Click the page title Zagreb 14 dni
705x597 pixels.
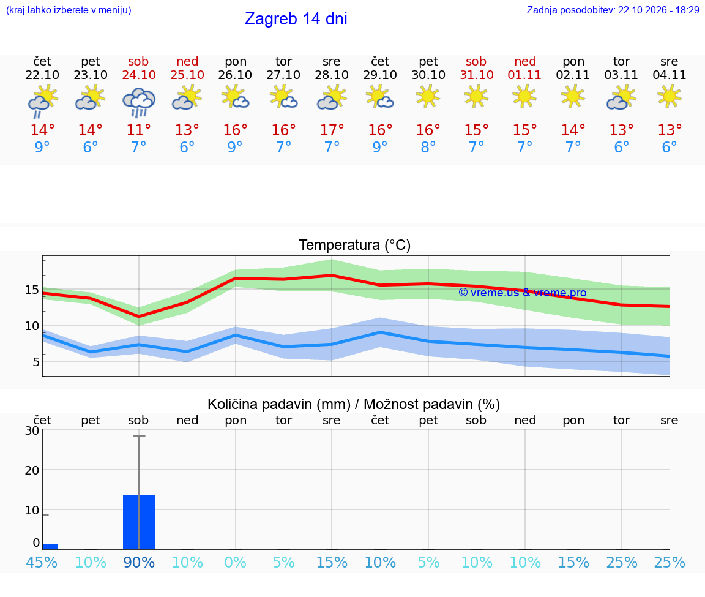tap(296, 19)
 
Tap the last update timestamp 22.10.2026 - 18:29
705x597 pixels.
tap(658, 10)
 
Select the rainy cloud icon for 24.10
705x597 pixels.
tap(139, 102)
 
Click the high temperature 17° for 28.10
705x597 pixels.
tap(332, 130)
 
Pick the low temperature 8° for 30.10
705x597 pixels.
tap(428, 147)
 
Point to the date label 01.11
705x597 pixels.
tap(524, 75)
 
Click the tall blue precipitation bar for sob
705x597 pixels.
tap(139, 522)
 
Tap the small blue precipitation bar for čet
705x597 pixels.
tap(50, 547)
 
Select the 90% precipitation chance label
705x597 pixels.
tap(139, 562)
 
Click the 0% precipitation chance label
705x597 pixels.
tap(235, 562)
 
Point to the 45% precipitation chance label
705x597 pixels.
tap(42, 562)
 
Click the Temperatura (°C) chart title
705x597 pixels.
tap(355, 245)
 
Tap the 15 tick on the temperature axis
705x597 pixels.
tap(32, 290)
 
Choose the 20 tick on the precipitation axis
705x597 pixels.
tap(32, 470)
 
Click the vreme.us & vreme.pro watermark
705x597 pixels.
tap(523, 293)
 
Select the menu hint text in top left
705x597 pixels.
tap(69, 10)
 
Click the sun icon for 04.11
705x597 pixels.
tap(670, 97)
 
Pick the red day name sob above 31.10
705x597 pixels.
tap(476, 61)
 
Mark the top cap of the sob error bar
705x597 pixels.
tap(139, 436)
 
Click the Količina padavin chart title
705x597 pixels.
tap(354, 404)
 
